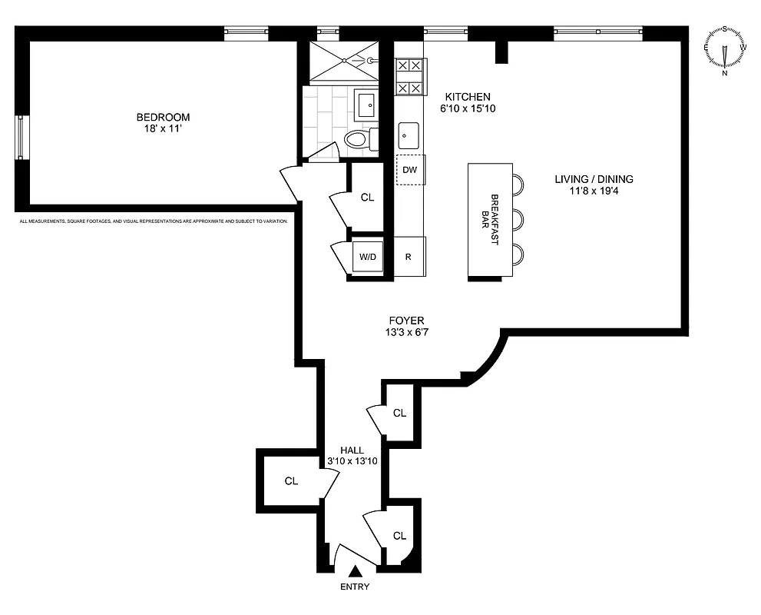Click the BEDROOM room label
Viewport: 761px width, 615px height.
pos(163,117)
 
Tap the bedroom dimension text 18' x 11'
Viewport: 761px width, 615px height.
pos(163,129)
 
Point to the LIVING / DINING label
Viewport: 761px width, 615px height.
pos(594,179)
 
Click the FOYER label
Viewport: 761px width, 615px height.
pos(406,321)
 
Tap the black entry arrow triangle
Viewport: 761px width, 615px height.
pos(355,572)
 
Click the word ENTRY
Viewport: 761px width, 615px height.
pos(354,587)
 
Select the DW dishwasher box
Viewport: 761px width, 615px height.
pos(410,170)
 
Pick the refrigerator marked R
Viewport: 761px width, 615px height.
pos(409,257)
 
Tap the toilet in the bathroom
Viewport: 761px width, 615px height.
pos(359,139)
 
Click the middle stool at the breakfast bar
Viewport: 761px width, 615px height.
pos(518,219)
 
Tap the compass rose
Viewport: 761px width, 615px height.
pos(725,49)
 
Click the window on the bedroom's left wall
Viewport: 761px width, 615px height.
pos(22,138)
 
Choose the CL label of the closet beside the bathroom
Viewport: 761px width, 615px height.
pos(367,197)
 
